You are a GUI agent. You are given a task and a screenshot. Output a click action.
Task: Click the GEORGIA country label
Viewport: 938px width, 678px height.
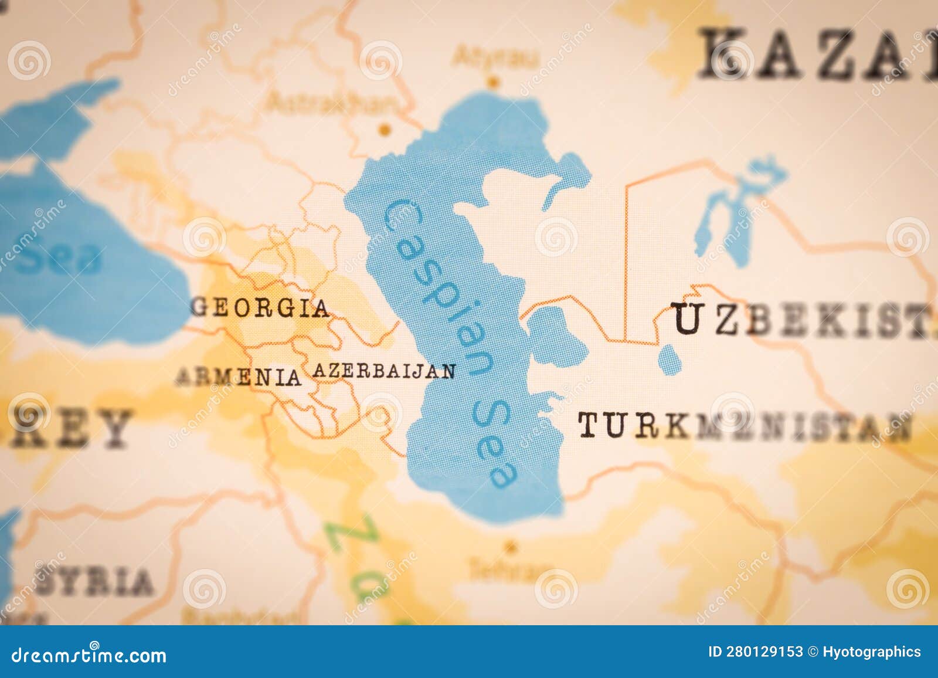coord(260,308)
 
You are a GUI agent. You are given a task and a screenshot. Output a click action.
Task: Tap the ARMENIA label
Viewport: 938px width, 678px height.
coord(239,377)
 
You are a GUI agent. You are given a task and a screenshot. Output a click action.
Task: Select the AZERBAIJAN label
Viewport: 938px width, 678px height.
coord(384,371)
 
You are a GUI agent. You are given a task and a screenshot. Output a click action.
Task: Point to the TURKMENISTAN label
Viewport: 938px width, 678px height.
coord(745,426)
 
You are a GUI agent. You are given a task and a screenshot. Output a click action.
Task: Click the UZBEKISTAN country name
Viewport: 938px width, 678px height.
coord(803,321)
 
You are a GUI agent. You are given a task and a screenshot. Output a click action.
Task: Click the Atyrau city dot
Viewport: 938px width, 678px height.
coord(494,81)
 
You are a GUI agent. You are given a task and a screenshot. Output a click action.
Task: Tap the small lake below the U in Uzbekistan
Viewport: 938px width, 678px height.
coord(669,358)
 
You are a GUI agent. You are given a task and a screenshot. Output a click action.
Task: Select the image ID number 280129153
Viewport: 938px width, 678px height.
coord(756,652)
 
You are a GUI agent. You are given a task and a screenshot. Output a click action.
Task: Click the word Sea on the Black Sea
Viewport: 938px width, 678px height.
coord(59,258)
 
